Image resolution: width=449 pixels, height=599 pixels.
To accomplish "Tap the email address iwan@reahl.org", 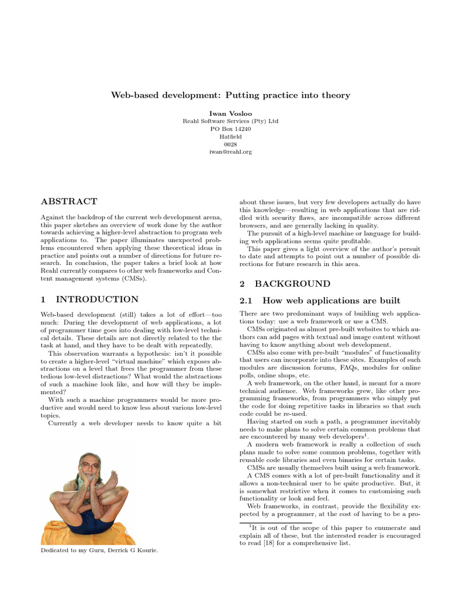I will click(230, 152).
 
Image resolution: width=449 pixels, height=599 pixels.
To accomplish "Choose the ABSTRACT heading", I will click(69, 202).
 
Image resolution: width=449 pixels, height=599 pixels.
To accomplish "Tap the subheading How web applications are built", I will click(331, 301).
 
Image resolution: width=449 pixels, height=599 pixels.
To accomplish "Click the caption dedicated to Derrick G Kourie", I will click(100, 551).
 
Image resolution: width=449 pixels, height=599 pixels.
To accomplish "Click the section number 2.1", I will click(248, 301).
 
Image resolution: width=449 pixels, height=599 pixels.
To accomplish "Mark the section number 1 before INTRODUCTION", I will click(43, 299).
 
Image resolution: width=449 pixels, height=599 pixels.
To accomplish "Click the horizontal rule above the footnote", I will click(275, 522).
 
